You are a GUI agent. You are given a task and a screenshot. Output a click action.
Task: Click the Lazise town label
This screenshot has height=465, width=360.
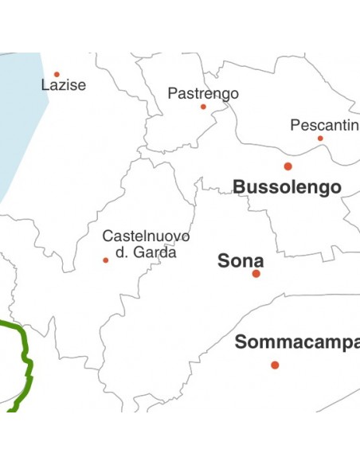63,85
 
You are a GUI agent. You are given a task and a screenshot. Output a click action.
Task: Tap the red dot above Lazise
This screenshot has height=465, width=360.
57,74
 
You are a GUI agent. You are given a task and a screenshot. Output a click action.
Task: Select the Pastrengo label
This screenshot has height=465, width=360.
203,93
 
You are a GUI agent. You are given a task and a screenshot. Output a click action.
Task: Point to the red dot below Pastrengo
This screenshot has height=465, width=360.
203,107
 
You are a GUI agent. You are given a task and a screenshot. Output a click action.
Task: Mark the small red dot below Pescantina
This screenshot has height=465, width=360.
320,139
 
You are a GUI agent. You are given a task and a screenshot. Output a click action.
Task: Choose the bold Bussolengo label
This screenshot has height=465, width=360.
287,187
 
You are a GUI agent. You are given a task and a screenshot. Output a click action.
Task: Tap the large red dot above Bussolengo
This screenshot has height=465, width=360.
288,166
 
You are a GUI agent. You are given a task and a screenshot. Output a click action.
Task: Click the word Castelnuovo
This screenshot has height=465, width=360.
146,236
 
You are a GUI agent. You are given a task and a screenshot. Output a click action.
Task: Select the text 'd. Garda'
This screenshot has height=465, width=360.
146,252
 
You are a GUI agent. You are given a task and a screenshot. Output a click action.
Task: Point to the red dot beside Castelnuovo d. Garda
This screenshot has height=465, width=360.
105,260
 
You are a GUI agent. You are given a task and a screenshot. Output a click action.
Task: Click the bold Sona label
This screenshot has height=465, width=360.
241,260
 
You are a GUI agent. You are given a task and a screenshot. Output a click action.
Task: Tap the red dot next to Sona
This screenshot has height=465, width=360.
256,273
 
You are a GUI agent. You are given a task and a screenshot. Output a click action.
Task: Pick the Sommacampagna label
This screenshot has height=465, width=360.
296,342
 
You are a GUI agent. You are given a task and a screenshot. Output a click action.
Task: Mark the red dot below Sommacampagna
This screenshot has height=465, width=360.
275,365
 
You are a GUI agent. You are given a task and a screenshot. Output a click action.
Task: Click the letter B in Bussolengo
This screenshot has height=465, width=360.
238,187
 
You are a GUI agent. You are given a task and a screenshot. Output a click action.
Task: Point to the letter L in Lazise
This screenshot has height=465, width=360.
44,85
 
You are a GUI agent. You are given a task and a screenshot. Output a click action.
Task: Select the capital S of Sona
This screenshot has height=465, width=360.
223,260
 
